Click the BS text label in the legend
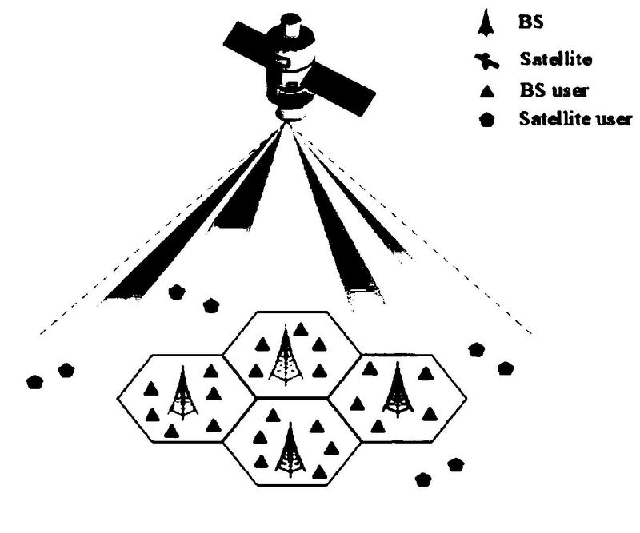coord(530,22)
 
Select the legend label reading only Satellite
coord(555,59)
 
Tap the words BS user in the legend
coord(554,90)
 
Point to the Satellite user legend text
coord(575,119)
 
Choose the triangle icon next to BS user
coord(486,91)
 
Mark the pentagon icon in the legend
coord(487,121)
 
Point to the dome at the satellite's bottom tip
coord(292,115)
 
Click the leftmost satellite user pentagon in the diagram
coord(34,382)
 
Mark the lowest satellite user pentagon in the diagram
coord(423,479)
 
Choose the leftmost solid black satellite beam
coord(192,216)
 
